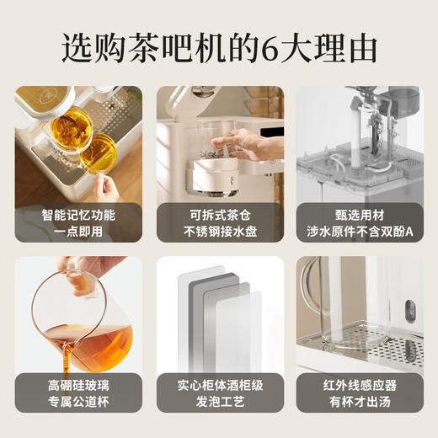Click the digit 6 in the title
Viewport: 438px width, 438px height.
tap(270, 48)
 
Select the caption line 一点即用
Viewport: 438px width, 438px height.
tap(78, 231)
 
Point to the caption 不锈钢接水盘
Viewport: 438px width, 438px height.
tap(219, 231)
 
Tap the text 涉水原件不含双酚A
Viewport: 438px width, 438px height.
tap(359, 231)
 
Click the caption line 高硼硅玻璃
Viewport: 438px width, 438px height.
tap(78, 385)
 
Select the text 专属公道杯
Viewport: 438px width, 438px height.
tap(78, 402)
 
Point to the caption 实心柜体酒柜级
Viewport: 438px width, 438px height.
tap(219, 385)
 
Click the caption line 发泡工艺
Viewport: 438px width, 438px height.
tap(219, 402)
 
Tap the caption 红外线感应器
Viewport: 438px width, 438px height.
tap(359, 385)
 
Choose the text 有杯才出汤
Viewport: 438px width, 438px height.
tap(359, 402)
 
